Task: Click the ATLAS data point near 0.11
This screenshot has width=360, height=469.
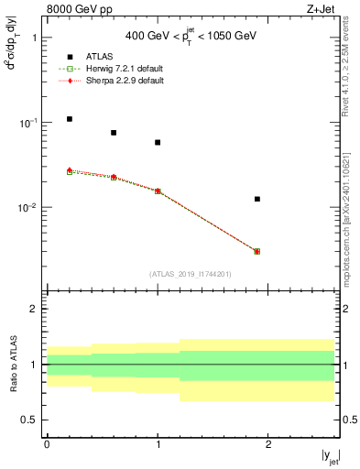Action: [x=70, y=119]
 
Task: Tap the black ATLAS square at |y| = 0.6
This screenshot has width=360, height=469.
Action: [x=114, y=133]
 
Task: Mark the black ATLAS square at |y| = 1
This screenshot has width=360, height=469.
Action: [x=158, y=142]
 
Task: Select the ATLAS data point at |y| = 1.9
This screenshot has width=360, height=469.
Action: [x=257, y=199]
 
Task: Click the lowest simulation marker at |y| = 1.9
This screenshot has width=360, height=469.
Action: [x=257, y=251]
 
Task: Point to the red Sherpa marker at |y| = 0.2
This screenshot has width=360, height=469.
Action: [x=70, y=170]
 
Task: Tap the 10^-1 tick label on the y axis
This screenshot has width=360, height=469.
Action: [x=28, y=123]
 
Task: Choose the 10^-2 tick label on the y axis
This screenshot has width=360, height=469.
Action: [x=28, y=208]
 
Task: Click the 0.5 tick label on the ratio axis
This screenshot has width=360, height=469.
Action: [x=31, y=420]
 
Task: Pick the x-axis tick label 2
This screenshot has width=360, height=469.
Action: [x=267, y=443]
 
